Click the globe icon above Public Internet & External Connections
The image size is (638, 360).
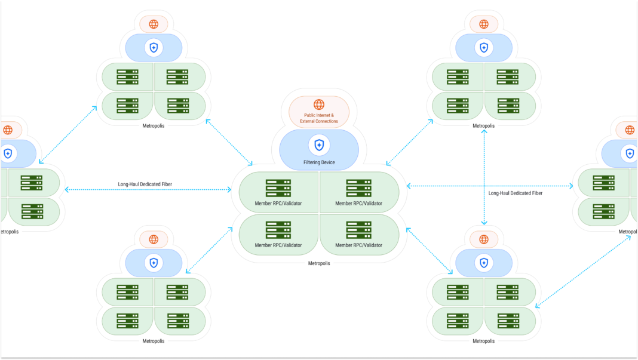tap(319, 104)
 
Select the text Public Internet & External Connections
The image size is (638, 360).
tap(319, 118)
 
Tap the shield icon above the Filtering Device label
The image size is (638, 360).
tap(319, 144)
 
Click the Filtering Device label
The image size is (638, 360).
tap(319, 162)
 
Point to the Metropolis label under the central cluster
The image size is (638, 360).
tap(319, 263)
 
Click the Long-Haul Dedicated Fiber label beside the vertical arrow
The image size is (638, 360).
tap(515, 193)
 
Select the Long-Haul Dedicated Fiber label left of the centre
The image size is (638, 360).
tap(145, 184)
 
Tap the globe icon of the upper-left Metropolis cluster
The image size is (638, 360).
tap(154, 24)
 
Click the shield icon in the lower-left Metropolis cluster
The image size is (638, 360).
tap(154, 263)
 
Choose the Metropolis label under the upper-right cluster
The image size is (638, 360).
tap(484, 126)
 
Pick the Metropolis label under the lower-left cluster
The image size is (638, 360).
tap(154, 341)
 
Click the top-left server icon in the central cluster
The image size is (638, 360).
tap(278, 188)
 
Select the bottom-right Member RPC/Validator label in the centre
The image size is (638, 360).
tap(359, 245)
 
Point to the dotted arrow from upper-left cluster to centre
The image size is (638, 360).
tap(230, 142)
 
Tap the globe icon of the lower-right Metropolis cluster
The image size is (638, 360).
tap(484, 239)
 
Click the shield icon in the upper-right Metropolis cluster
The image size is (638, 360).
tap(484, 48)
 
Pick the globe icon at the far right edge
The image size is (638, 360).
tap(630, 130)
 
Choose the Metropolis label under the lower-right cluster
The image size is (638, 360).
tap(484, 341)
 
